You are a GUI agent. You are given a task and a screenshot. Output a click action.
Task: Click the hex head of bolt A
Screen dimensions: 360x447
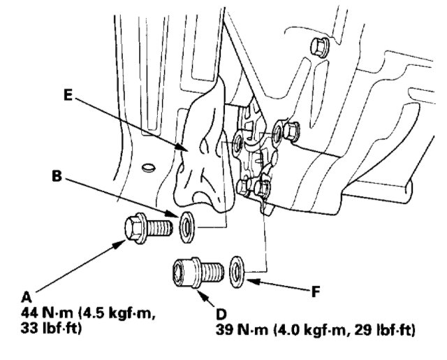pos(133,228)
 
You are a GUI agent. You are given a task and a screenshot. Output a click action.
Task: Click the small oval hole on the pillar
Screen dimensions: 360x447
pos(147,166)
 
